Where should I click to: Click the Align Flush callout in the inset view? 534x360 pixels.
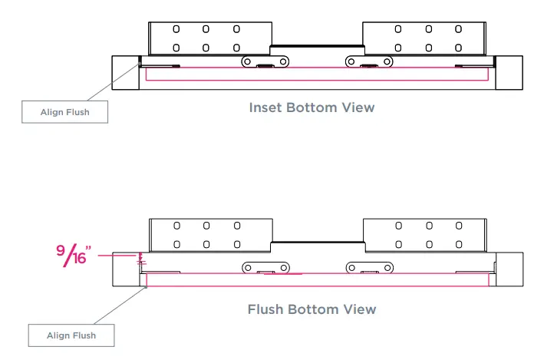click(64, 113)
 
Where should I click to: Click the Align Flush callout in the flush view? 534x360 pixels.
click(71, 335)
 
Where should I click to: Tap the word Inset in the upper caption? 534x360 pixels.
click(265, 107)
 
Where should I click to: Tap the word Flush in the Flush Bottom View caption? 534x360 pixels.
click(265, 309)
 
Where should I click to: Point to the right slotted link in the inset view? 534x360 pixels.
click(366, 61)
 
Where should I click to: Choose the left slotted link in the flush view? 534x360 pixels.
click(265, 267)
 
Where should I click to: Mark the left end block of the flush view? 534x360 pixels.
click(127, 269)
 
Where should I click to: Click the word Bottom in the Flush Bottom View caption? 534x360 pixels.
click(315, 309)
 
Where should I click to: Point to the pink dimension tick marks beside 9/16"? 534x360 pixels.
click(141, 259)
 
